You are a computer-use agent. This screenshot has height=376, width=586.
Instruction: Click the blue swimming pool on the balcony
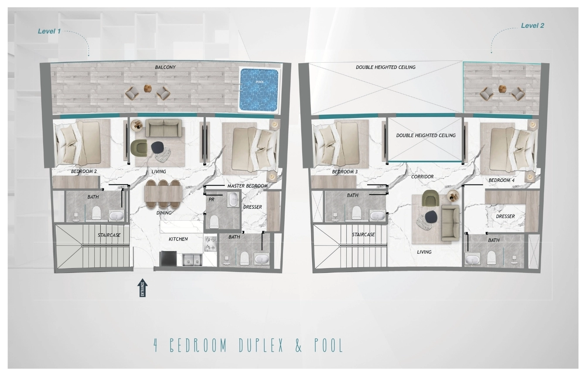[x=259, y=90]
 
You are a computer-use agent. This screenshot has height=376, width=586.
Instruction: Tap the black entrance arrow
[x=142, y=288]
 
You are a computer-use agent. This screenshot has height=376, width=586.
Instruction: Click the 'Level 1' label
[x=49, y=31]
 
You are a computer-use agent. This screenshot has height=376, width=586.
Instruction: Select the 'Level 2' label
[x=532, y=26]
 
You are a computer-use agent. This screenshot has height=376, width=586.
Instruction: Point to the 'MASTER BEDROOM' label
[x=247, y=186]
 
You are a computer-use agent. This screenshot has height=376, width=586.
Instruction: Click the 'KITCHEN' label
[x=178, y=239]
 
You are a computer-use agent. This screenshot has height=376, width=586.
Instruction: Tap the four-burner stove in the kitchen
[x=210, y=244]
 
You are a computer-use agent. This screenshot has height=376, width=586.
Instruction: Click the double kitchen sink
[x=192, y=259]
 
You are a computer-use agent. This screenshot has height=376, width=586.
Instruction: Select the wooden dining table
[x=163, y=194]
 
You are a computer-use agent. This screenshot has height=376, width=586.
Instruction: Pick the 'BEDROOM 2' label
[x=84, y=171]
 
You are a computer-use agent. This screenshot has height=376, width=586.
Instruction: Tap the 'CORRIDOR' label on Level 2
[x=422, y=177]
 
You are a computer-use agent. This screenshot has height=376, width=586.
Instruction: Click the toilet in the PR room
[x=214, y=222]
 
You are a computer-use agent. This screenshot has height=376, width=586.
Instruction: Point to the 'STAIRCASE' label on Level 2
[x=363, y=235]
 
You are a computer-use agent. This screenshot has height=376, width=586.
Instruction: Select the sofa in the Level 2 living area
[x=450, y=223]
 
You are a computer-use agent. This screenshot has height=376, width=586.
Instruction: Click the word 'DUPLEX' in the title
[x=261, y=346]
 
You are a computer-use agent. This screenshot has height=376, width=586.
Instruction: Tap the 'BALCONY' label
[x=165, y=67]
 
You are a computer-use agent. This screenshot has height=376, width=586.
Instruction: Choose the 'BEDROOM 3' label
[x=344, y=171]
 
